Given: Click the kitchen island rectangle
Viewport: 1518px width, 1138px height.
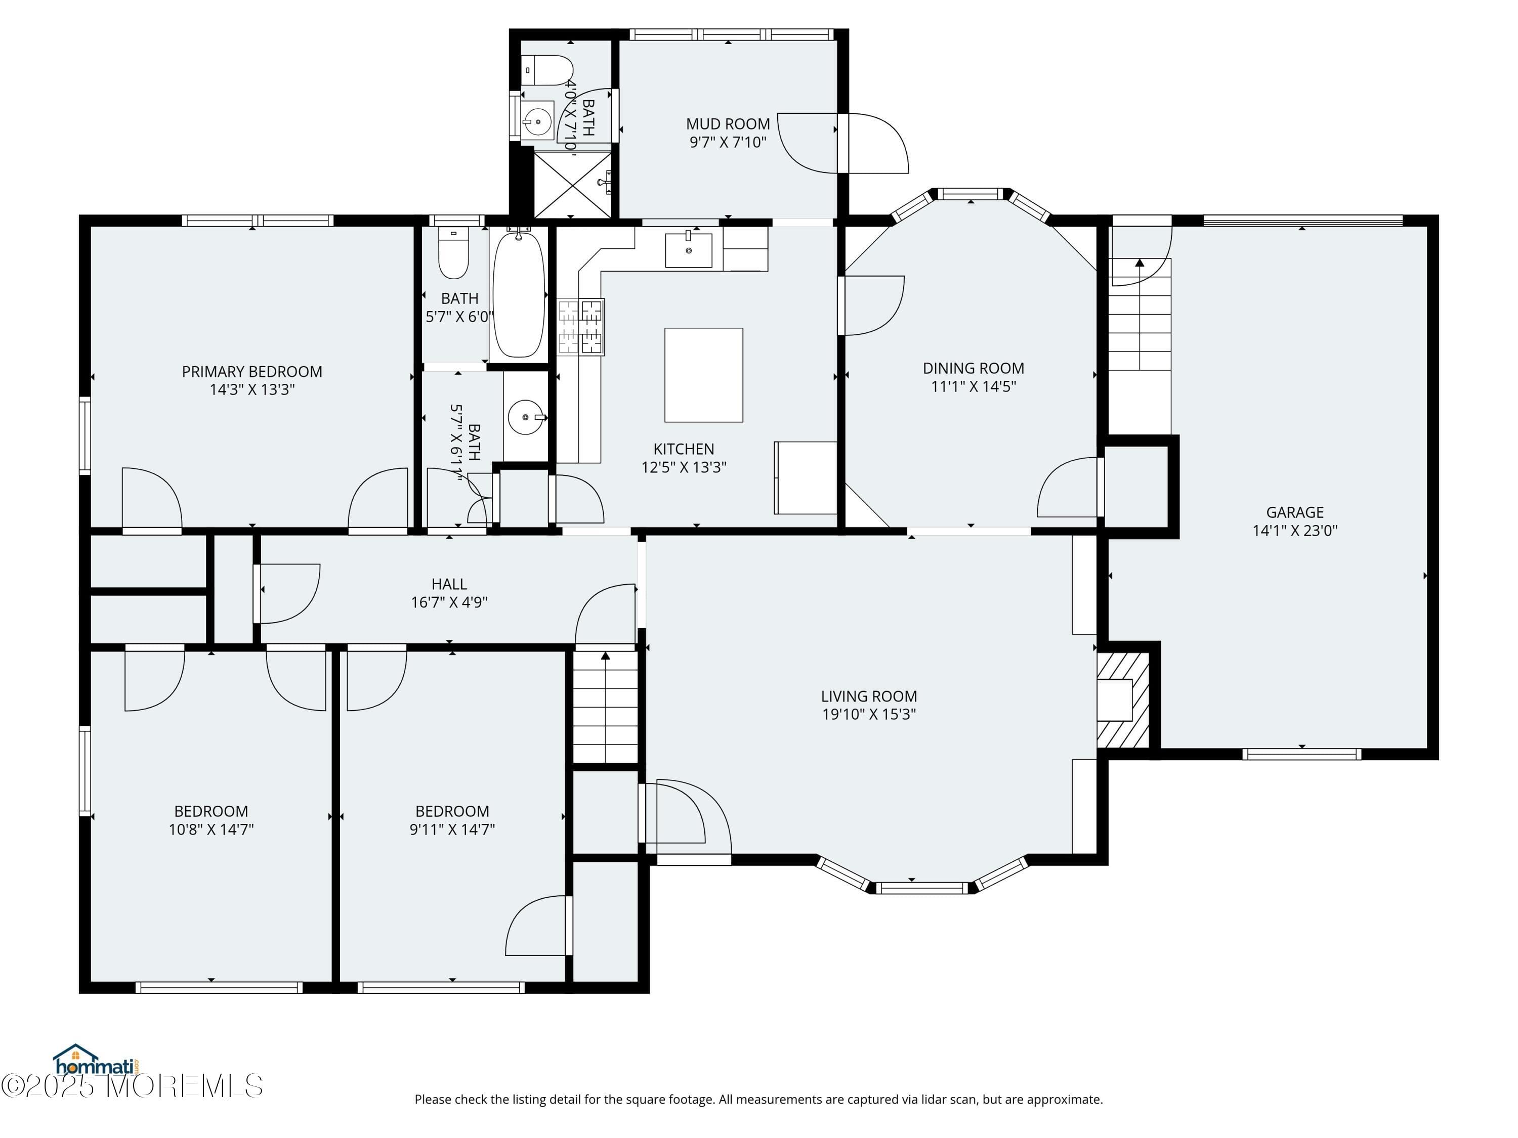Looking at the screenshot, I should pos(703,375).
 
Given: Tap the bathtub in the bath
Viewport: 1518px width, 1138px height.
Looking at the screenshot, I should pos(519,295).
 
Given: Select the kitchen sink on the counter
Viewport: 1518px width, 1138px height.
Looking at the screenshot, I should pos(688,250).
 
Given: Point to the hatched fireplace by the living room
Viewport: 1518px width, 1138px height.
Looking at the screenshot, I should pos(1123,699).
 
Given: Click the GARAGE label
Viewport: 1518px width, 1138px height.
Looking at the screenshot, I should pos(1294,512).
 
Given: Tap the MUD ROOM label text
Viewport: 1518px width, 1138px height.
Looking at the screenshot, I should pos(728,123).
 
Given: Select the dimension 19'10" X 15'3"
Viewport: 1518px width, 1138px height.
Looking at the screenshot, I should pos(869,714).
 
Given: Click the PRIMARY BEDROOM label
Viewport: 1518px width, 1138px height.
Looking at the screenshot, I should pos(252,371).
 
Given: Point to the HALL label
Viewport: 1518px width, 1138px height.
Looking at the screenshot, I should pos(449,584).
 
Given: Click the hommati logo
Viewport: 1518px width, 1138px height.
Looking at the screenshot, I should pos(96,1061).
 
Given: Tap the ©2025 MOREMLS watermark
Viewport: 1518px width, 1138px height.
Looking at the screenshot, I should pos(132,1086).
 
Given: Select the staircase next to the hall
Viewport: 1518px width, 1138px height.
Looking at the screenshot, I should pos(605,707).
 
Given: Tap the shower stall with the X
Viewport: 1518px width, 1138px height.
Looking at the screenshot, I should pos(572,184).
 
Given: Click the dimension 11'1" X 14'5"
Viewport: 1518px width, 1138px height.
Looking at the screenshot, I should pos(973,386).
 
